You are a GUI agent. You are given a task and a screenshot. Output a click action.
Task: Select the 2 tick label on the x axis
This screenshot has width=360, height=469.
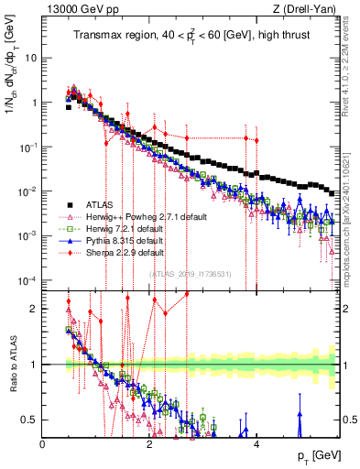click(150, 443)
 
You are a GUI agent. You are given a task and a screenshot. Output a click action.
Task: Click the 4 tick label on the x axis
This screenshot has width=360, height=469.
click(256, 443)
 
